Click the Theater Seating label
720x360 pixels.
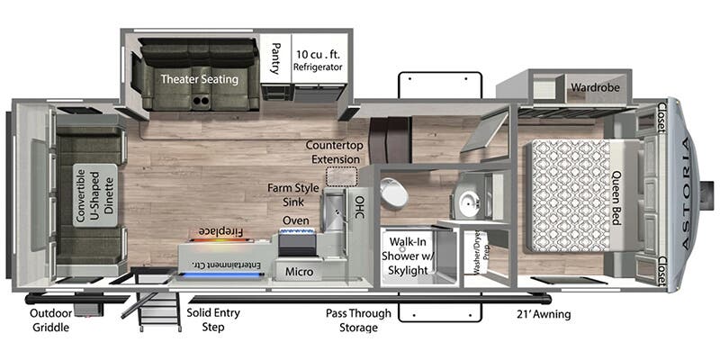200,79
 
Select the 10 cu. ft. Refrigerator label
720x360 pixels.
319,60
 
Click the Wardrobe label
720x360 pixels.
591,88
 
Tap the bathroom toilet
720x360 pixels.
393,191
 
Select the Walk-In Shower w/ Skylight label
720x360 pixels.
408,256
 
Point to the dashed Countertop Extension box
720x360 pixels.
341,175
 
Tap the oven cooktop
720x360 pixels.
297,242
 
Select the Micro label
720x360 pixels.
298,271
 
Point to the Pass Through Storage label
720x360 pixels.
359,320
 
